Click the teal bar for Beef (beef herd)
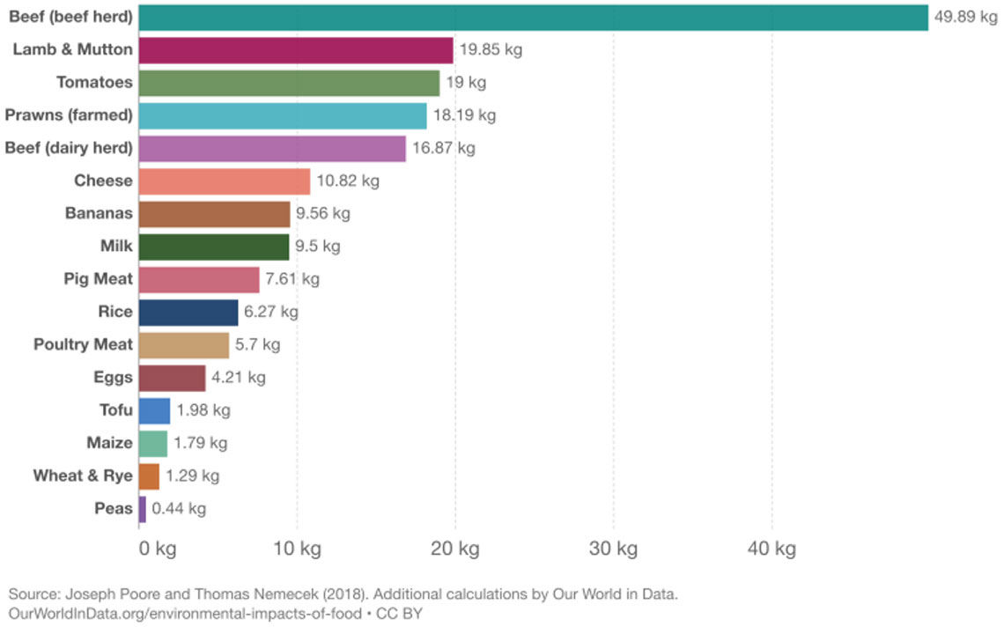click(x=533, y=18)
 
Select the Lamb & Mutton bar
click(x=296, y=50)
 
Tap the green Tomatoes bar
click(x=289, y=83)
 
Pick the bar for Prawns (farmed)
click(x=283, y=115)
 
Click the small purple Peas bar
click(x=142, y=509)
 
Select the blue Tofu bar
click(x=154, y=410)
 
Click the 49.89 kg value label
click(x=965, y=18)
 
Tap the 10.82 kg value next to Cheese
click(x=348, y=181)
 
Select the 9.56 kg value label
click(x=322, y=214)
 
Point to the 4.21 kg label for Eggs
click(x=238, y=378)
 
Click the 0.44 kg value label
click(x=179, y=509)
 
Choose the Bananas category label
click(x=99, y=214)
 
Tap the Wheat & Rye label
click(x=83, y=476)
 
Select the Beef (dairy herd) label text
click(x=69, y=148)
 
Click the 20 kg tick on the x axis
click(x=455, y=550)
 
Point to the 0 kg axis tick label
click(x=158, y=550)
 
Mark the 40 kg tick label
click(x=771, y=550)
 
